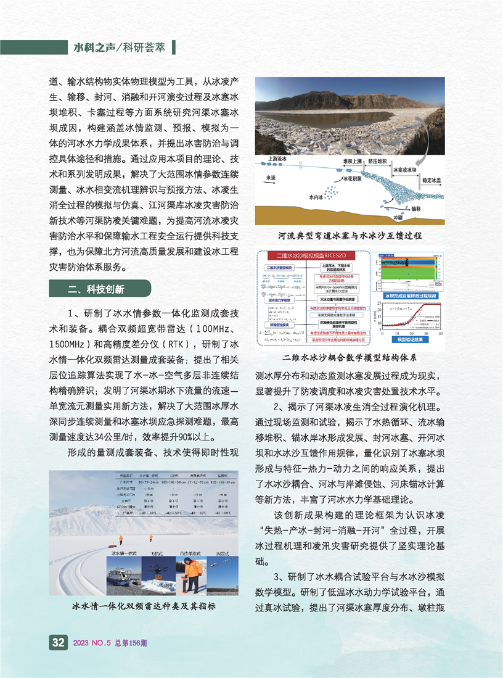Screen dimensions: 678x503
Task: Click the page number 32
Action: [59, 642]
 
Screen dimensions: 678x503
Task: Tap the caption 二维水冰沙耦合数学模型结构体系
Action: [350, 358]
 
